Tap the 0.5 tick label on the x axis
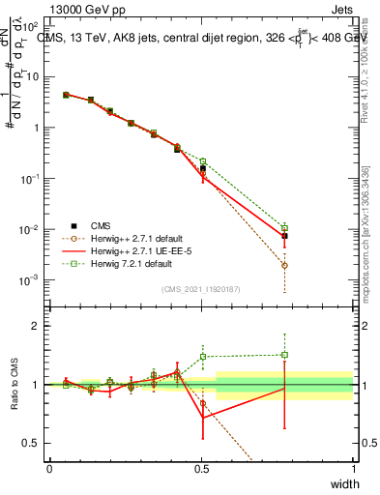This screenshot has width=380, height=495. tap(201, 469)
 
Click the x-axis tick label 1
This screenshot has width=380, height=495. tap(353, 469)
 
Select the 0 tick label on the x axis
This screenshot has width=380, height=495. tap(49, 469)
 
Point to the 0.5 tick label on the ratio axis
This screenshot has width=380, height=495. tap(30, 443)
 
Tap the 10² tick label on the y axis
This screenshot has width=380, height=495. tap(30, 26)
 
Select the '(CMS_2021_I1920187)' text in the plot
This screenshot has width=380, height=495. tap(201, 289)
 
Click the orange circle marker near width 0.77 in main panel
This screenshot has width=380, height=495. tap(284, 265)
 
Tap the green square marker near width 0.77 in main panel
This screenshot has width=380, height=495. tap(284, 228)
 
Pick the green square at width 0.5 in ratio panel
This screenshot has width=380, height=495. tap(203, 357)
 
